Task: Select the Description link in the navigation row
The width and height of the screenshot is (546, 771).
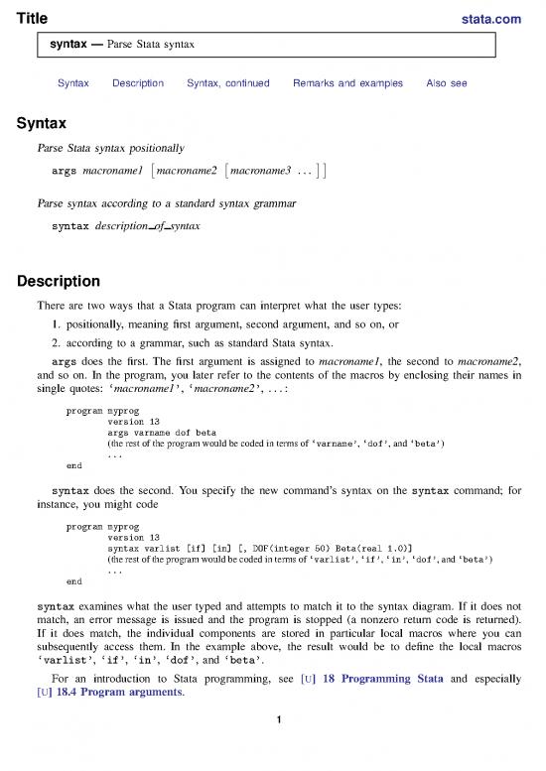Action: (x=138, y=83)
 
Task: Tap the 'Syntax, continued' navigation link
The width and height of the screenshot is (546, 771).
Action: (x=227, y=83)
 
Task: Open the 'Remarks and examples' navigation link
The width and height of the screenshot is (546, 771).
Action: (x=347, y=83)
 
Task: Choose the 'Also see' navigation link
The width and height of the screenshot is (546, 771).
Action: (x=446, y=83)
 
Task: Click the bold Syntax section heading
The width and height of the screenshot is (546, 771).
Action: (x=41, y=125)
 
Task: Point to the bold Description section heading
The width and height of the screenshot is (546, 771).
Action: (x=62, y=281)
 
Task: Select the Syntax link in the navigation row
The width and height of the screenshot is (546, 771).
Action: (x=73, y=83)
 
